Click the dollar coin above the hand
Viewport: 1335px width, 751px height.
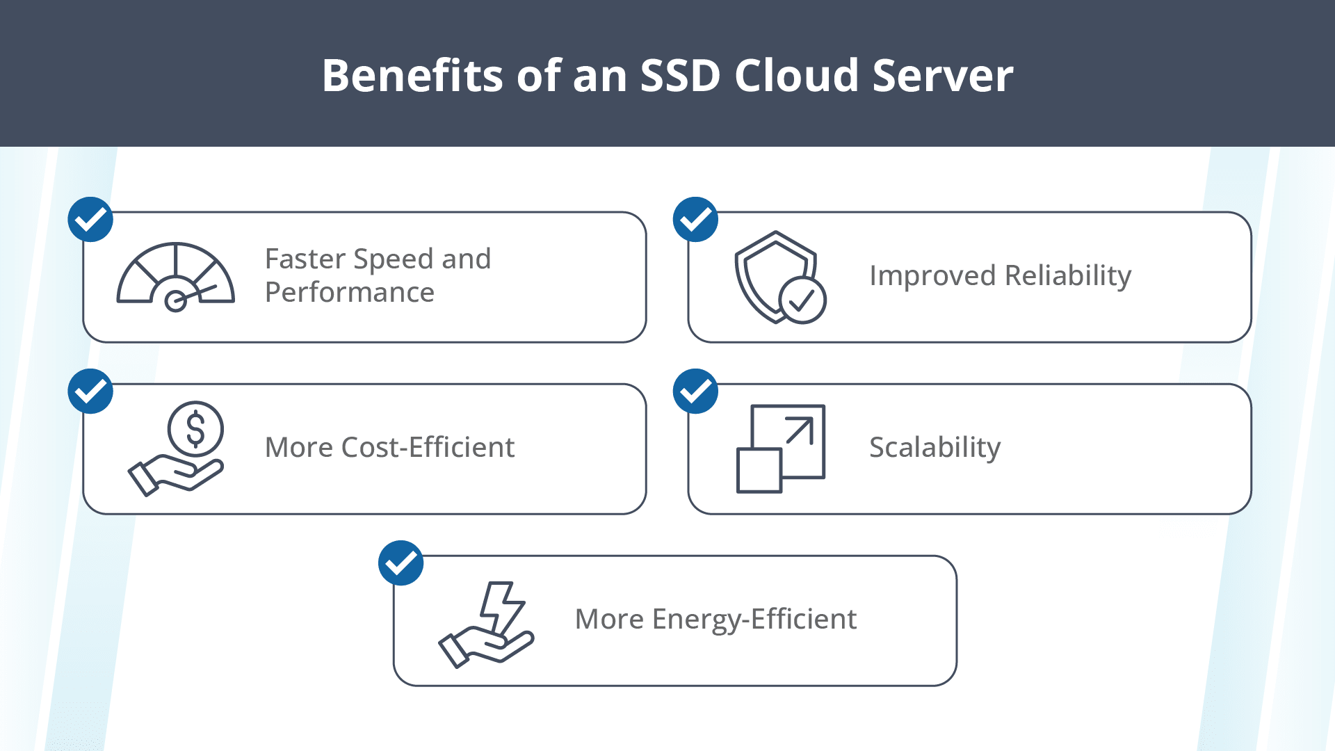(x=195, y=428)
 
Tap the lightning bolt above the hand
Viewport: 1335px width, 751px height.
(x=502, y=606)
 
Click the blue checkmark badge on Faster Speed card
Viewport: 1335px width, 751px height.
(x=90, y=220)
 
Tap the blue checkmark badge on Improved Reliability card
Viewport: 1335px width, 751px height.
(x=695, y=220)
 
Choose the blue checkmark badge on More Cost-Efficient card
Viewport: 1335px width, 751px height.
(x=90, y=391)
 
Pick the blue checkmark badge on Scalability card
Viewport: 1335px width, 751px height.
(x=695, y=391)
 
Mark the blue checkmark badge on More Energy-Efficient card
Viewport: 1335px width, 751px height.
(x=401, y=563)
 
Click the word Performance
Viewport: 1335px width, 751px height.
(x=350, y=293)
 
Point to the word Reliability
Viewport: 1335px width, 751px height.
(x=1068, y=276)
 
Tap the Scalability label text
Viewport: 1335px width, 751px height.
(x=934, y=448)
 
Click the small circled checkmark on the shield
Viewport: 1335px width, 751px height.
(x=802, y=300)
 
